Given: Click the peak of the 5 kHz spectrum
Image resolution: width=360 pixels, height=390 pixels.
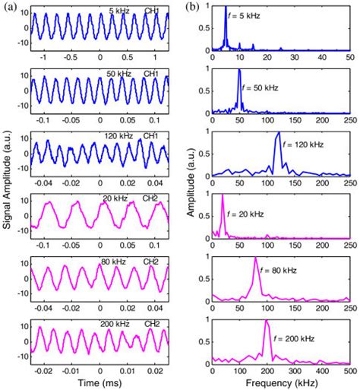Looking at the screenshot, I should (226, 8).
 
